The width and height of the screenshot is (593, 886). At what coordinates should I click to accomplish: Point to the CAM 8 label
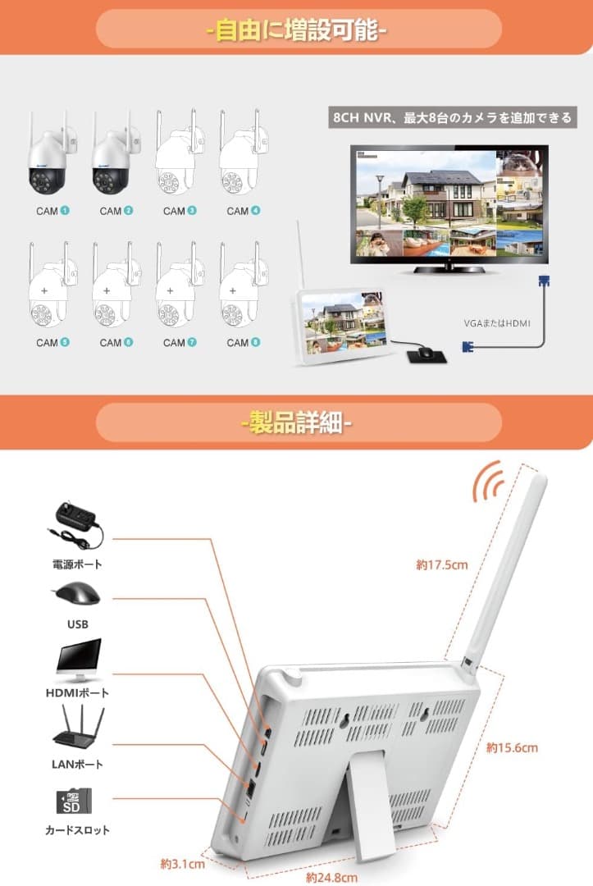click(243, 342)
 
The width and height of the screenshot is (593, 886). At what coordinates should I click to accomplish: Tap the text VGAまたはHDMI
click(497, 323)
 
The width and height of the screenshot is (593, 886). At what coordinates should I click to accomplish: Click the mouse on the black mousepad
click(424, 353)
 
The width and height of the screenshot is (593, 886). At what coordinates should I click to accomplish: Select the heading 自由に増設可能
click(297, 31)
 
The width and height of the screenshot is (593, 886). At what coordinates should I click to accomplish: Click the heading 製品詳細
click(297, 424)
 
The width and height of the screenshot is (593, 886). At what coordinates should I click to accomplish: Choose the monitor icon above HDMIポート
click(79, 660)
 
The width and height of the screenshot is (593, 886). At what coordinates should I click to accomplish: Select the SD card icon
click(75, 800)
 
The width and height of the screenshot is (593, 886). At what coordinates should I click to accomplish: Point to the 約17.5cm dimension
click(441, 564)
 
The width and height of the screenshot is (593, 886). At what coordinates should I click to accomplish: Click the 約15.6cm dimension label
click(512, 747)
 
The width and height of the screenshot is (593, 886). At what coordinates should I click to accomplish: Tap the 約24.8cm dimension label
click(331, 877)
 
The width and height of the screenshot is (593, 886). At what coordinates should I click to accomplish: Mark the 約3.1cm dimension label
click(182, 863)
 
